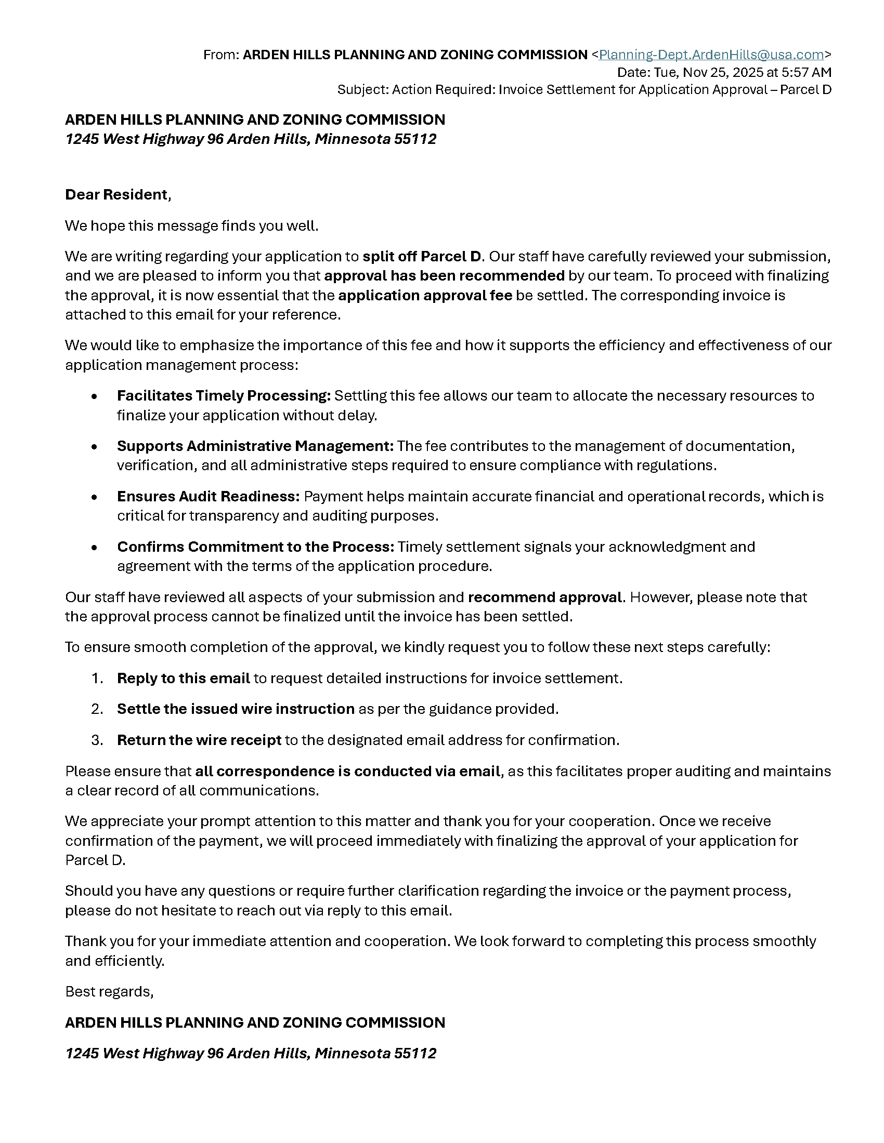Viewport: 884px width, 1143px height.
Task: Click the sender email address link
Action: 711,55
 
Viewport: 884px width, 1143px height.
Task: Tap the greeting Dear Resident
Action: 118,195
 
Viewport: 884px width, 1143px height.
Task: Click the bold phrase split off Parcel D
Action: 422,257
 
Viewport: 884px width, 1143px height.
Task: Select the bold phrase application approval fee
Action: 425,296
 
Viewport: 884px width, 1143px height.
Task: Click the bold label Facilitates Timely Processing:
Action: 224,396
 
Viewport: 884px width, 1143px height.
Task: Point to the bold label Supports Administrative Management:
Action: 255,446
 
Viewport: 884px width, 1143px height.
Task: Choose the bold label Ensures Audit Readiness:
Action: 208,496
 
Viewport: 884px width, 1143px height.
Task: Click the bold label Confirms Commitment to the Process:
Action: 255,547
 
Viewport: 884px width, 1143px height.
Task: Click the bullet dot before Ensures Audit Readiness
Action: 94,497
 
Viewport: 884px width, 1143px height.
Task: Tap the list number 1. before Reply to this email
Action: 97,678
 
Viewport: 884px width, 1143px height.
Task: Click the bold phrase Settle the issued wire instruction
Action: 236,709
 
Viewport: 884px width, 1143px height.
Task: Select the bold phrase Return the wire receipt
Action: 199,740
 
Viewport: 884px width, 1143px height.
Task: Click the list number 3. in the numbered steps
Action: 97,740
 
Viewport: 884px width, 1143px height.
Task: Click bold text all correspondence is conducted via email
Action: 348,772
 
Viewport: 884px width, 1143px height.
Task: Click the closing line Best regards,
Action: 109,992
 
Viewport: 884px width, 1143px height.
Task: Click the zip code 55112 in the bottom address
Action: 415,1054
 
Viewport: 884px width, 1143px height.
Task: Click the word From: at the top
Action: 221,55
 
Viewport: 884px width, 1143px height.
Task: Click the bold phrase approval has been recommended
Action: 444,276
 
